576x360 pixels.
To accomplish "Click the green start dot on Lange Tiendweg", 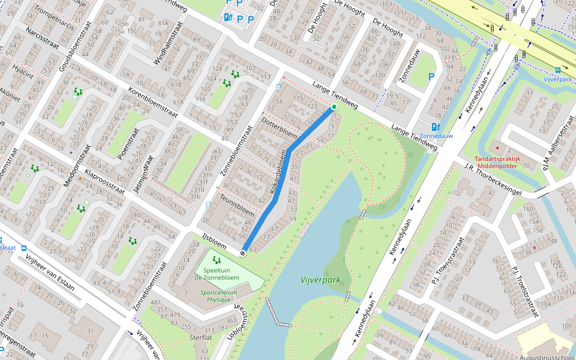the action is tap(334, 107).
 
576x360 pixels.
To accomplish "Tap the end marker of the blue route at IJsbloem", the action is tap(242, 253).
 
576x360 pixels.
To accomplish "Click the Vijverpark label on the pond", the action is tap(320, 280).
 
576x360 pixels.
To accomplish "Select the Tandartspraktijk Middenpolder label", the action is tap(506, 163).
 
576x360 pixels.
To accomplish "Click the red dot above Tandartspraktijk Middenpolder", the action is tap(497, 147).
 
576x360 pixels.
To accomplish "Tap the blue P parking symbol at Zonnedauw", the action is tap(431, 77).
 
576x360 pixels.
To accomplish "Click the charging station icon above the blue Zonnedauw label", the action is tap(436, 127).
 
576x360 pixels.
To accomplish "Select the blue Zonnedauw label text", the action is tap(436, 136).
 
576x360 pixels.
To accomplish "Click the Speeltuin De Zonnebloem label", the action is tap(217, 274).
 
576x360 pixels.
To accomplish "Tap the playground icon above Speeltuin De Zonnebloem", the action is tap(217, 260).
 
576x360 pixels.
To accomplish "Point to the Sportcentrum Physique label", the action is tap(219, 296).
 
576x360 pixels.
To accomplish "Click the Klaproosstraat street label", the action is tap(104, 182).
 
